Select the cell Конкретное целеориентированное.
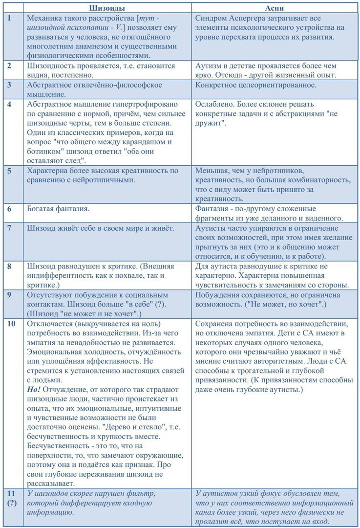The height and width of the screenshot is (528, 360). [x=262, y=85]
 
